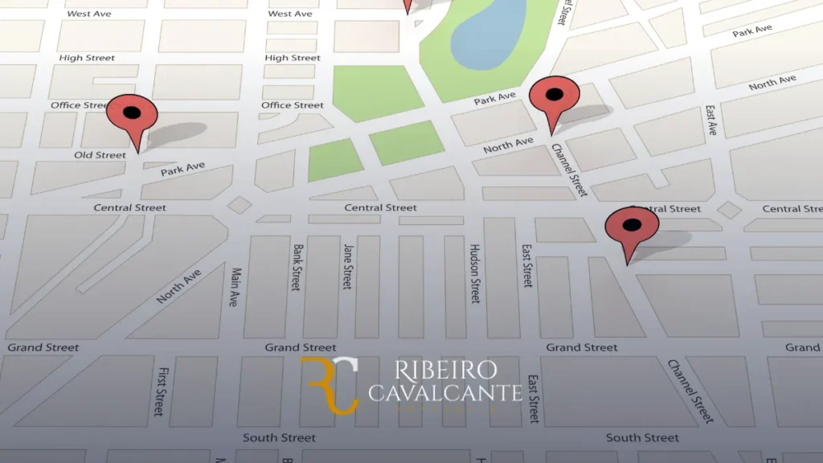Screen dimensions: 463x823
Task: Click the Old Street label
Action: coord(100,155)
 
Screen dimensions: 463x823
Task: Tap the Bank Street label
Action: coord(297,268)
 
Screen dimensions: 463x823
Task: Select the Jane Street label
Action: coord(347,266)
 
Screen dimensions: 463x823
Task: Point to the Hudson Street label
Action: coord(475,273)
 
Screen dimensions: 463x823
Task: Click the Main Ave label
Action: coord(235,287)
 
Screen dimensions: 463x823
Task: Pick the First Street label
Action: coord(163,391)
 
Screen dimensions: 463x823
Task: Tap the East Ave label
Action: coord(710,120)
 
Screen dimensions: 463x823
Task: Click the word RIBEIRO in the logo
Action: coord(445,371)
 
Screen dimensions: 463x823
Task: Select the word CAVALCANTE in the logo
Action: coord(445,393)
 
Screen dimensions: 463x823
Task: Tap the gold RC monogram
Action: coord(330,385)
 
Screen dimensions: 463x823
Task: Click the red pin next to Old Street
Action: coord(133,117)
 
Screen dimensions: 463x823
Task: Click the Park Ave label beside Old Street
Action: coord(182,170)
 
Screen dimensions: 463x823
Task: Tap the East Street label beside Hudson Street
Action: coord(527,266)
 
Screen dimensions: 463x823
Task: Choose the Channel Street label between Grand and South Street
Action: coord(690,391)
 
